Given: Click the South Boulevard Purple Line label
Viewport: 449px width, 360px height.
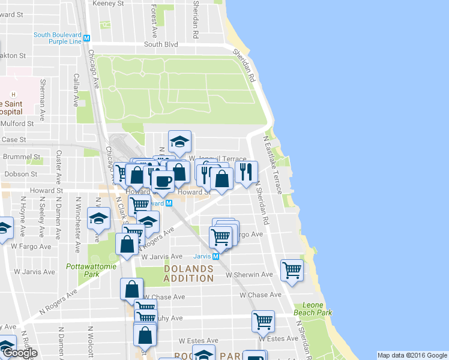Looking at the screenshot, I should [x=58, y=38].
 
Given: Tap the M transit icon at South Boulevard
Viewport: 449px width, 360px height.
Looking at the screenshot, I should [x=87, y=38].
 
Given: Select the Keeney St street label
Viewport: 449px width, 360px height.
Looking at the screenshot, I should [x=108, y=4].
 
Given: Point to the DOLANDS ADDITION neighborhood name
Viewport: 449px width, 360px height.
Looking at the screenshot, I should [x=188, y=274].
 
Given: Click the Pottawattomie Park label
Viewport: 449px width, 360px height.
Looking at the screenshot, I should [x=82, y=269].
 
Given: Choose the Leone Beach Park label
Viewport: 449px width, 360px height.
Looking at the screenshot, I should [x=313, y=309].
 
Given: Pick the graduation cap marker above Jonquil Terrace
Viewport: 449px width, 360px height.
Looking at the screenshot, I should [x=179, y=142].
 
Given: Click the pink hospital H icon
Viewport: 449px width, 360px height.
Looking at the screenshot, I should [x=14, y=95].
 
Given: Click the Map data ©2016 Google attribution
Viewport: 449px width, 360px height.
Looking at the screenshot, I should [x=412, y=355].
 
